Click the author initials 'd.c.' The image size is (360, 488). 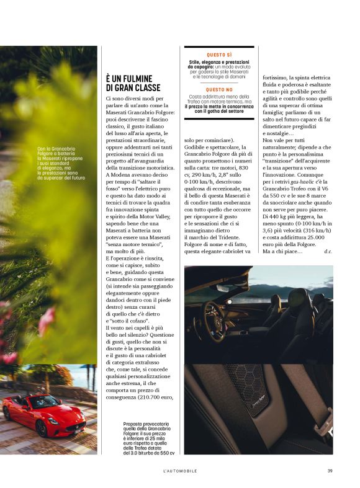[328, 251]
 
